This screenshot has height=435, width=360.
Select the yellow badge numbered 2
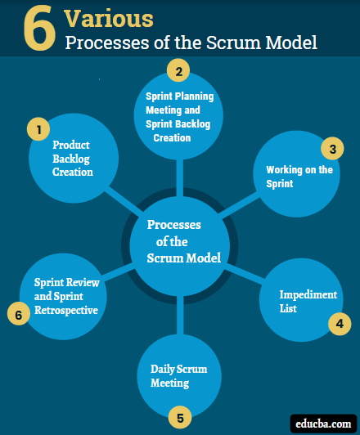[x=177, y=70]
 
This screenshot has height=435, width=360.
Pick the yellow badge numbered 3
[x=331, y=149]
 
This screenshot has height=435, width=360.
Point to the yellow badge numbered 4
[x=338, y=324]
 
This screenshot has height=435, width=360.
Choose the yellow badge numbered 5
[x=180, y=416]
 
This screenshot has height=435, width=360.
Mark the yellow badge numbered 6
[x=17, y=313]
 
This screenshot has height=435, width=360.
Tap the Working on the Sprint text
[x=299, y=177]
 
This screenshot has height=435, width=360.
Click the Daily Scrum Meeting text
[x=178, y=376]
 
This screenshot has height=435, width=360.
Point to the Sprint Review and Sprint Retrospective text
[x=65, y=296]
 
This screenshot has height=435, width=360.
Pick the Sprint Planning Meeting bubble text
[x=179, y=116]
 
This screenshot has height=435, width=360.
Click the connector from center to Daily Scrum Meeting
[x=178, y=315]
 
